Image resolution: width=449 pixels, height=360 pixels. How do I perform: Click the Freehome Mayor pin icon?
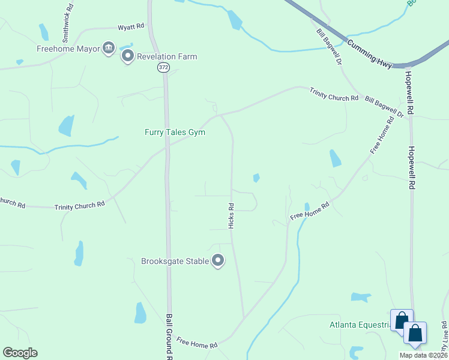(108, 48)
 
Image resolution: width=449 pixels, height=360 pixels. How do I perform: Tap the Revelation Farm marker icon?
(127, 56)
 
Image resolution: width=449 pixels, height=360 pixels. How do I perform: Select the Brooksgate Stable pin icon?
(218, 261)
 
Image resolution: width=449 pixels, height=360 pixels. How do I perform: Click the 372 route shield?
(164, 68)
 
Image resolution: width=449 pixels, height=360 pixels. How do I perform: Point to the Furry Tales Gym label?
(175, 132)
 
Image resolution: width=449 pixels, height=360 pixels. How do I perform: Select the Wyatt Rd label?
(131, 26)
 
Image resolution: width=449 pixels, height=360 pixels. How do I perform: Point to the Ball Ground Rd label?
(170, 336)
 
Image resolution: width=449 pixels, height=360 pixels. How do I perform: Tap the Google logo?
(20, 353)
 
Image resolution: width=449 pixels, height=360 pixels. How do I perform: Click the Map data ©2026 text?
(423, 355)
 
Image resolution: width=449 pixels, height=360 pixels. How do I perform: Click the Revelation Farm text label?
(167, 57)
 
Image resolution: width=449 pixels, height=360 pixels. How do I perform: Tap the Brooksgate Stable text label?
(175, 261)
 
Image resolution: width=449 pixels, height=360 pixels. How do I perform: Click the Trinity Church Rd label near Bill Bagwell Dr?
(334, 94)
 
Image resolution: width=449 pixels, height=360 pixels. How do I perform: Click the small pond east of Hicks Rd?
(256, 178)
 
